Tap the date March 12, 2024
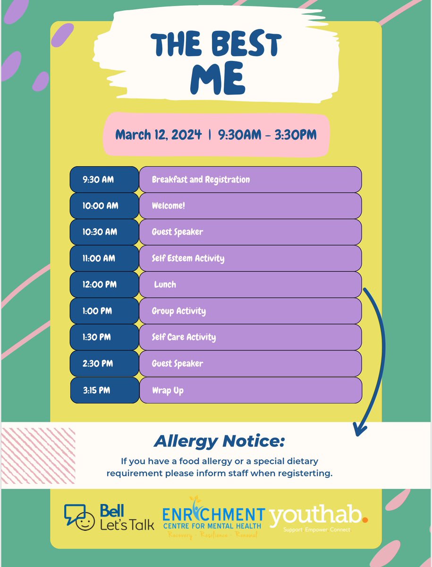[158, 135]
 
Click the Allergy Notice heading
[220, 442]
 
